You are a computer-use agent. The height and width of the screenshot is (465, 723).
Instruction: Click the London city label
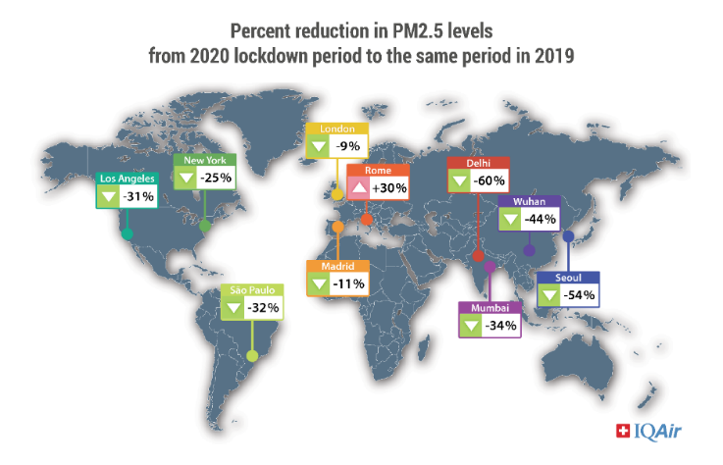(x=336, y=129)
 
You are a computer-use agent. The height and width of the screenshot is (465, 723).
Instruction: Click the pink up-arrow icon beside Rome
(x=359, y=186)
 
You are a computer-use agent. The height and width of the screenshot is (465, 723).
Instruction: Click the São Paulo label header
(x=252, y=290)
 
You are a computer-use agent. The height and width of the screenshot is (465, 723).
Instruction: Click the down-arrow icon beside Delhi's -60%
(x=459, y=181)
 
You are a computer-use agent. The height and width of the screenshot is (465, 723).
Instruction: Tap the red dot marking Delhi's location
(x=478, y=256)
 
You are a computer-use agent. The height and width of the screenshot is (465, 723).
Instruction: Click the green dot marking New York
(x=204, y=225)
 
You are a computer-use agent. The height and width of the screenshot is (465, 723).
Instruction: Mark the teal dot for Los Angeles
(x=127, y=232)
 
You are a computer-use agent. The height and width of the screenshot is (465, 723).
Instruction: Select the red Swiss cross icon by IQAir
(x=621, y=430)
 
